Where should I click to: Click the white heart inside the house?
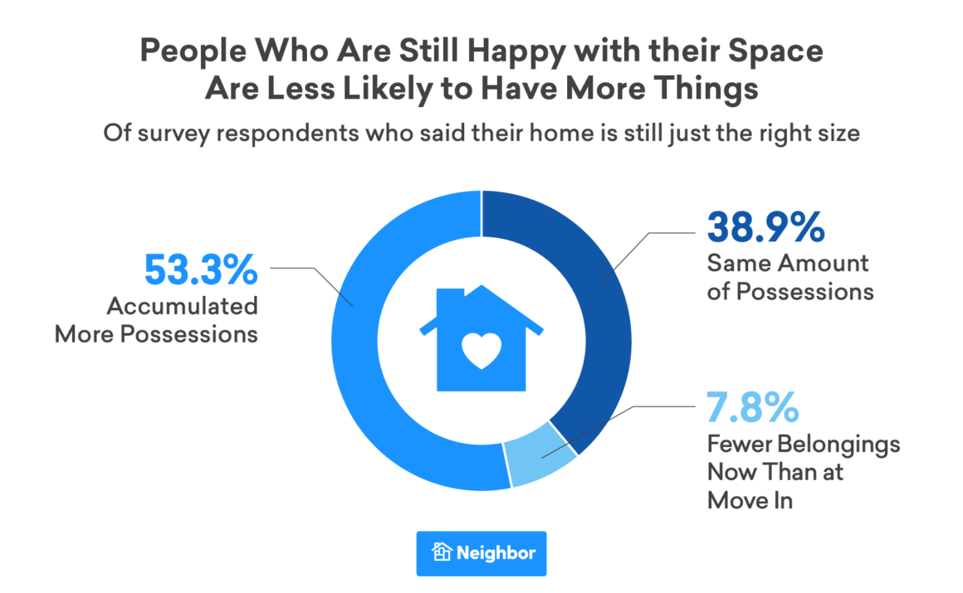481,352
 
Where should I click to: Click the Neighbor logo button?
481,552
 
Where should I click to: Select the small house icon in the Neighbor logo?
442,552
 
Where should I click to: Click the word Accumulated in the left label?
182,306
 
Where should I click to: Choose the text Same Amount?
787,264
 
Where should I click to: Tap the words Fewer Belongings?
803,444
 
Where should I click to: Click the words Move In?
750,500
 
